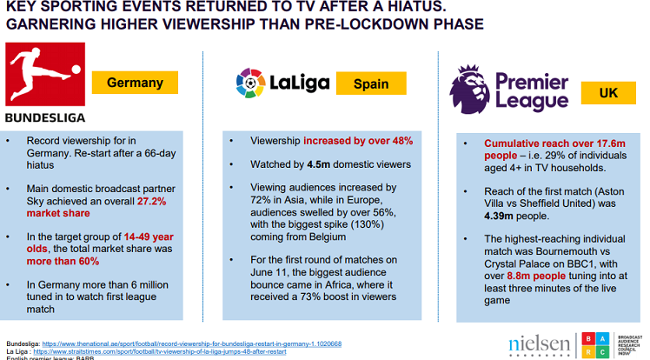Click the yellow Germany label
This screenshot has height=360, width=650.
coord(135,83)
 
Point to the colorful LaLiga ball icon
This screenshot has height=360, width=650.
coord(251,83)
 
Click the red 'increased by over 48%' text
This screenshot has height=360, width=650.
coord(357,140)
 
